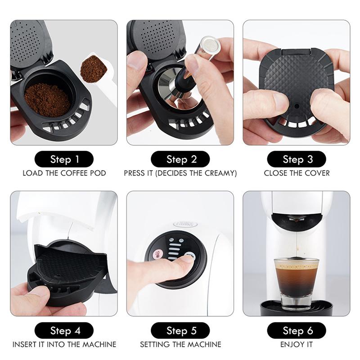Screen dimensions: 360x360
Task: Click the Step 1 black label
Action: (x=64, y=159)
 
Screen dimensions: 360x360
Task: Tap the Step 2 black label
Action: (x=180, y=159)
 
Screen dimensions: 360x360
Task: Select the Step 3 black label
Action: (x=297, y=159)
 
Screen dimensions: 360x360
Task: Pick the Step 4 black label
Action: (x=64, y=331)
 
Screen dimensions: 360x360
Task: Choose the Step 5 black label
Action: (x=180, y=331)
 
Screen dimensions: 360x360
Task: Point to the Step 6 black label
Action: (x=297, y=331)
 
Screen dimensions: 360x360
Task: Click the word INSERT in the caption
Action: (x=25, y=345)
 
